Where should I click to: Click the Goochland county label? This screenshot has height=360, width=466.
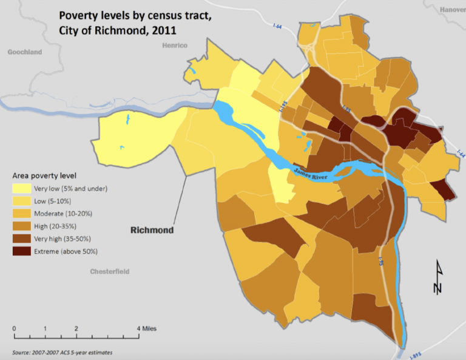tap(24, 52)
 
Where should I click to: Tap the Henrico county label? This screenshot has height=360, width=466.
tap(175, 46)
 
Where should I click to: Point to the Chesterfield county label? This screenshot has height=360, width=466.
tap(109, 271)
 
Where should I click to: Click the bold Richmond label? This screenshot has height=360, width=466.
tap(152, 230)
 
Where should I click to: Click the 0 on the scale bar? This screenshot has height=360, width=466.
tap(14, 328)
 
